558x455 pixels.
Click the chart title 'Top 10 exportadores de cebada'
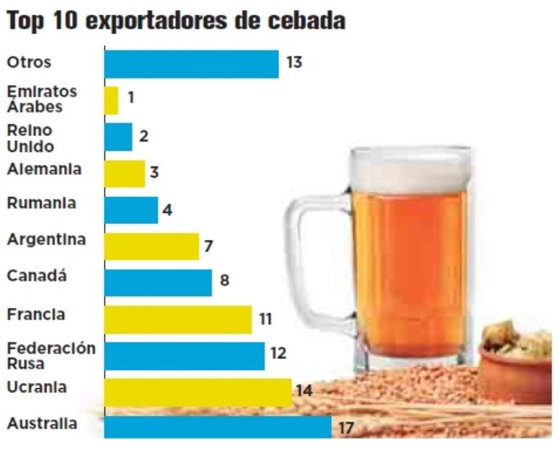(175, 21)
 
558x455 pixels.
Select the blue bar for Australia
(218, 427)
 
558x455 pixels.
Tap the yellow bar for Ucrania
(198, 392)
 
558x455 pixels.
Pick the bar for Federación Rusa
(184, 356)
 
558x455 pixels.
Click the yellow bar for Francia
(178, 319)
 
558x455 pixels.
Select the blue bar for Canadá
(158, 283)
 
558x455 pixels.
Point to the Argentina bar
(151, 246)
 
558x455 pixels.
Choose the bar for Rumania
(131, 210)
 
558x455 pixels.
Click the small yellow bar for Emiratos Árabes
(111, 100)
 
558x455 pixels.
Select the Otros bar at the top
(191, 63)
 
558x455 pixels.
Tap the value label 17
(346, 428)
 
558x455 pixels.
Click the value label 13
(294, 63)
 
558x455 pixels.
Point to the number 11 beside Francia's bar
(265, 318)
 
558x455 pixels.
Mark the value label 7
(209, 246)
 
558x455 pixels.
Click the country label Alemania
(44, 169)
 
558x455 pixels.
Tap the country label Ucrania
(37, 387)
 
